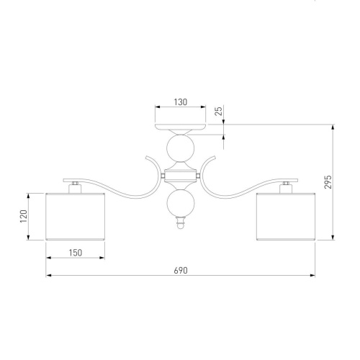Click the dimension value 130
pyautogui.click(x=181, y=102)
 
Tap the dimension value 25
pyautogui.click(x=219, y=111)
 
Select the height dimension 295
pyautogui.click(x=328, y=182)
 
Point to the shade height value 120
pyautogui.click(x=24, y=216)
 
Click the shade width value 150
pyautogui.click(x=76, y=253)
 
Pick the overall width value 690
pyautogui.click(x=181, y=271)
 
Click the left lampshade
pyautogui.click(x=76, y=217)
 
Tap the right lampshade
pyautogui.click(x=286, y=217)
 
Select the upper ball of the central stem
pyautogui.click(x=181, y=148)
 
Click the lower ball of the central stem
pyautogui.click(x=181, y=203)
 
